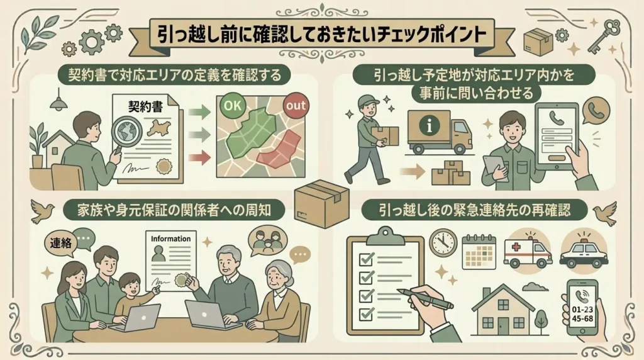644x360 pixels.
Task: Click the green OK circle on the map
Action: point(233,106)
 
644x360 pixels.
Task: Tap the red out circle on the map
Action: point(296,106)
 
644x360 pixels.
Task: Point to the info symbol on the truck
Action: point(430,125)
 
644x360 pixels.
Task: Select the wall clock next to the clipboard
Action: point(443,243)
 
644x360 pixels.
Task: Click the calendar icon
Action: point(479,252)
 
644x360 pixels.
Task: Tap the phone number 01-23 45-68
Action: point(582,314)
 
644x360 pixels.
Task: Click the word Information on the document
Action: point(171,239)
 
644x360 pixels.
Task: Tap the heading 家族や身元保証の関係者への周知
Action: point(174,210)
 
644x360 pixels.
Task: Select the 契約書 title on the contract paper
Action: point(145,106)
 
